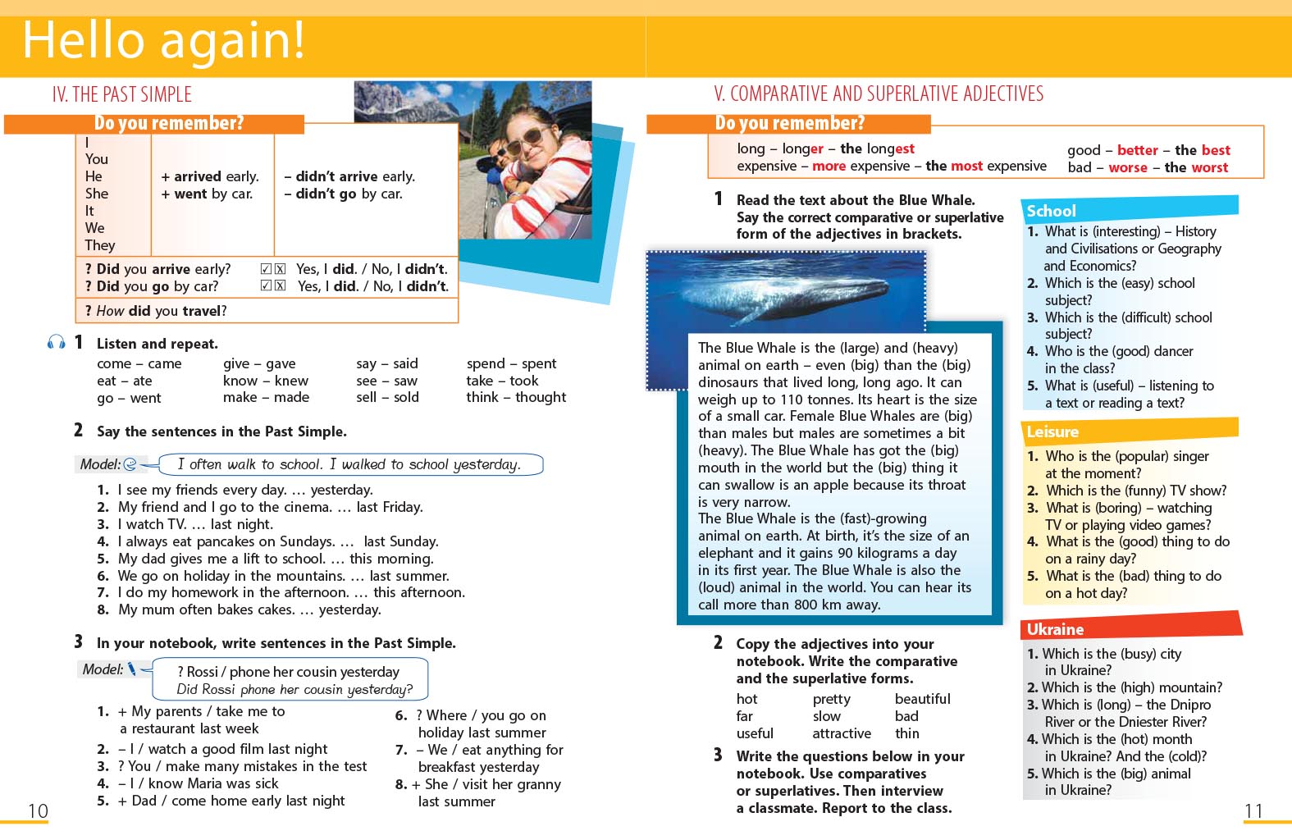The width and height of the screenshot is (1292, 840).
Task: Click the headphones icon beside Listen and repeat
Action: pyautogui.click(x=57, y=342)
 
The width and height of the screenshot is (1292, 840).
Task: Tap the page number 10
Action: pyautogui.click(x=39, y=811)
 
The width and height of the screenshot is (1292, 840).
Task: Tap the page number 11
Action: pyautogui.click(x=1253, y=811)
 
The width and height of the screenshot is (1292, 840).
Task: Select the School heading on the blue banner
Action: pyautogui.click(x=1051, y=211)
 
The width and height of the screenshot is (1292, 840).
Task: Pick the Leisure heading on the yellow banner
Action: pyautogui.click(x=1052, y=431)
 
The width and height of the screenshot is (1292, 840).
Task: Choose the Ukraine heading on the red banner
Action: pyautogui.click(x=1055, y=629)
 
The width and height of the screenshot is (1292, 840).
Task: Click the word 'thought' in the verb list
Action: pyautogui.click(x=541, y=397)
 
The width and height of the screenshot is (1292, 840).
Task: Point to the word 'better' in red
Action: pyautogui.click(x=1137, y=150)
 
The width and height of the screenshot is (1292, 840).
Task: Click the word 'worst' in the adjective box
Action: pyautogui.click(x=1209, y=167)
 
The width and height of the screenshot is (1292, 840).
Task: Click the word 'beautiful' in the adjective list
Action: pyautogui.click(x=922, y=699)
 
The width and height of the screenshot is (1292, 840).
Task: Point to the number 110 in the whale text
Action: pyautogui.click(x=792, y=399)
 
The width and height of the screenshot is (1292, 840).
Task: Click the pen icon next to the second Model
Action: pyautogui.click(x=131, y=669)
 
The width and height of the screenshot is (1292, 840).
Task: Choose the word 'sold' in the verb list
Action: pyautogui.click(x=406, y=397)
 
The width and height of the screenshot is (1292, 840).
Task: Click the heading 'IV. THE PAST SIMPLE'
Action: pyautogui.click(x=121, y=94)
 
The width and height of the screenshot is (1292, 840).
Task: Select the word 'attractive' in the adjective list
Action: pyautogui.click(x=842, y=733)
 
